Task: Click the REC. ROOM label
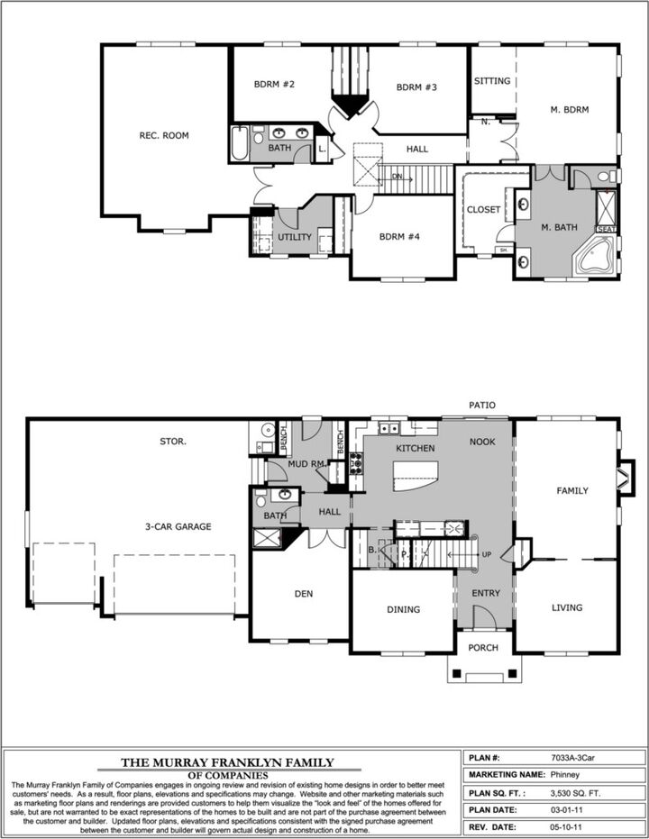point(164,136)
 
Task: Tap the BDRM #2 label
point(275,85)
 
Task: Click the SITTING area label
point(492,81)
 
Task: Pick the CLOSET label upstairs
point(483,210)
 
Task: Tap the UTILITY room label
point(294,238)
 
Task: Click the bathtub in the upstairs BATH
point(240,144)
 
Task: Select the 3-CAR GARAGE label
point(178,527)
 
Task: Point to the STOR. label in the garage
point(173,442)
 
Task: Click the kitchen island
point(416,475)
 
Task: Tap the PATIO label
point(481,406)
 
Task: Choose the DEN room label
point(304,594)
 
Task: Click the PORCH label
point(483,672)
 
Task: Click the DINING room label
point(403,609)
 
